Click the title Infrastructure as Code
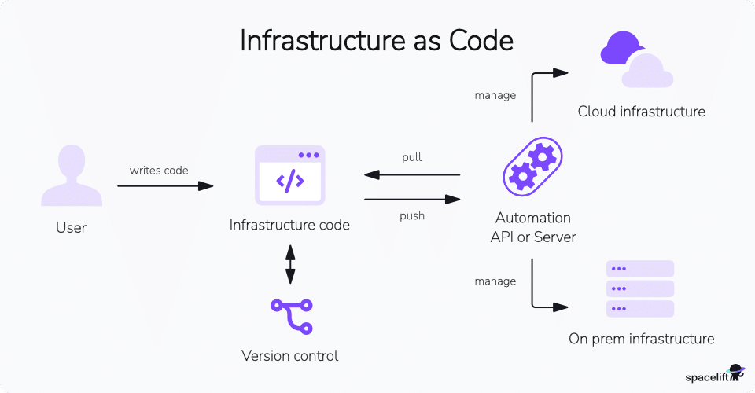click(x=377, y=42)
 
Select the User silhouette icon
click(x=71, y=176)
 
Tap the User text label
click(x=71, y=228)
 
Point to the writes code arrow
click(x=165, y=186)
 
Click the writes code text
click(x=159, y=170)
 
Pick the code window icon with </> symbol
click(x=289, y=176)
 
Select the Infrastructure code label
click(x=289, y=226)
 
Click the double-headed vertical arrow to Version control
click(x=290, y=264)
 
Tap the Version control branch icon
click(x=290, y=317)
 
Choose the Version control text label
click(x=289, y=356)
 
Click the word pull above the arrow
click(x=411, y=157)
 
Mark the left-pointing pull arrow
click(x=411, y=174)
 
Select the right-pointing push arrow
click(x=411, y=200)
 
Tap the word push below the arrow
click(x=411, y=215)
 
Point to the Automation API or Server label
click(x=532, y=227)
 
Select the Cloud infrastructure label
click(x=641, y=112)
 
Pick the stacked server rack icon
click(x=640, y=288)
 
